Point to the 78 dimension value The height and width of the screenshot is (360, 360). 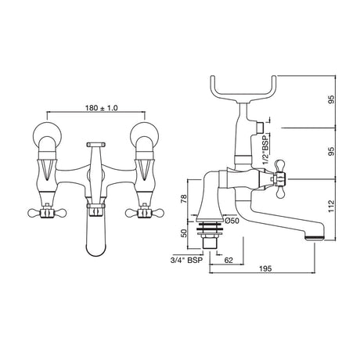(185, 200)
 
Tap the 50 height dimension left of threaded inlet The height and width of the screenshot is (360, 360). (185, 232)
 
